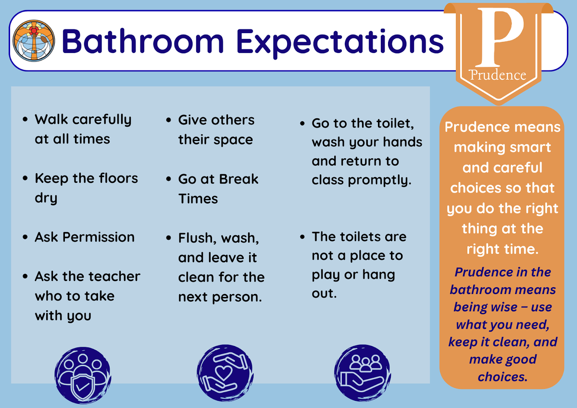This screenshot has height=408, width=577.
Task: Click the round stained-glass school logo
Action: point(34,41)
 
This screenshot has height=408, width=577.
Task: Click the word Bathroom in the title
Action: point(143,41)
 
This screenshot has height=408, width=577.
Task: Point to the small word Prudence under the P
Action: point(497,75)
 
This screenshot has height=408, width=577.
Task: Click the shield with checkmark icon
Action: point(82,375)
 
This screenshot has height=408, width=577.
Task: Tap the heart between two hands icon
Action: point(225,373)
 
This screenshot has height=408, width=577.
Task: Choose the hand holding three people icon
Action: point(363,373)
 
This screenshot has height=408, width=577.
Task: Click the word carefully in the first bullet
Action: point(102,120)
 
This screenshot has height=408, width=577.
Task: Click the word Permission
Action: point(99,237)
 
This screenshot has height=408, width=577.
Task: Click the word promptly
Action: point(380,180)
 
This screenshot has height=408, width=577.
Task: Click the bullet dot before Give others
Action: point(168,120)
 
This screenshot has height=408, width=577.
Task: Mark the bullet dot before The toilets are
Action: point(302,237)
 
